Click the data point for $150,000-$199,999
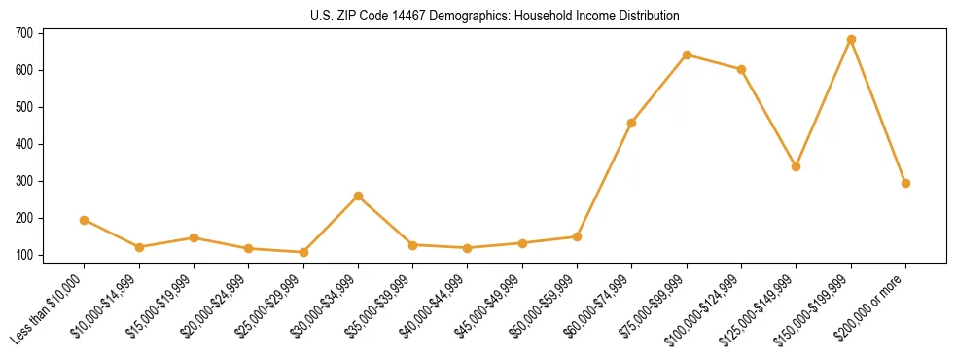(851, 40)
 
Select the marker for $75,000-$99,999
(687, 54)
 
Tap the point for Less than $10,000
(85, 220)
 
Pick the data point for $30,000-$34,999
(359, 197)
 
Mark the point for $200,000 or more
(905, 183)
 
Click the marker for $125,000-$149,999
(796, 166)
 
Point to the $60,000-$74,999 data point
(632, 123)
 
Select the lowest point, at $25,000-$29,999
(303, 252)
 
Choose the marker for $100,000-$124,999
(741, 69)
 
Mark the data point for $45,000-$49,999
(522, 243)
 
